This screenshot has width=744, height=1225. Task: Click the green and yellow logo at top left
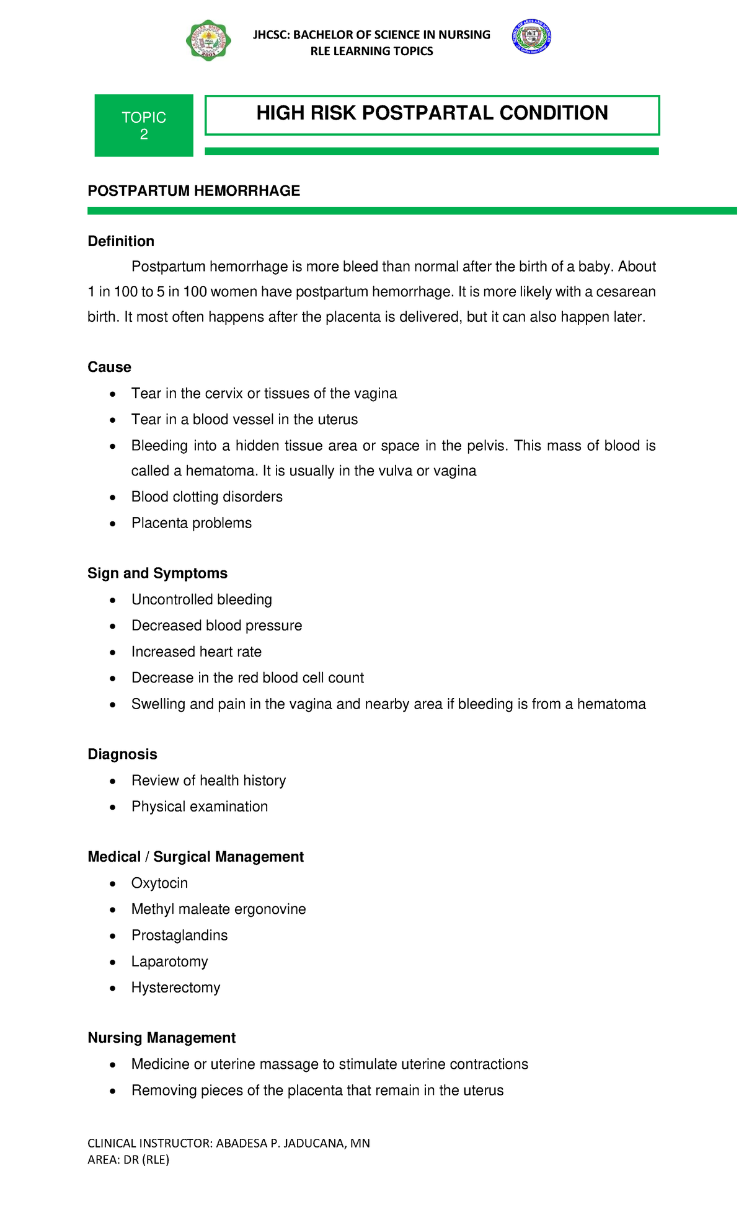click(x=208, y=40)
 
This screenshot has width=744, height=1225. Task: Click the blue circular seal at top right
click(x=531, y=37)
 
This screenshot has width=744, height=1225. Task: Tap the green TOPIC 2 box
click(x=144, y=125)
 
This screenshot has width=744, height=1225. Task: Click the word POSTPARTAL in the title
click(x=427, y=113)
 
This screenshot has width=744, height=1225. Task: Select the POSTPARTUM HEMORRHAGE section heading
click(x=193, y=191)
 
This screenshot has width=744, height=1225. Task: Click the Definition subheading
click(x=121, y=241)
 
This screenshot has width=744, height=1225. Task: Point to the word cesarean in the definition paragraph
click(x=626, y=291)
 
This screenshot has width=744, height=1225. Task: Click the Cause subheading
click(x=109, y=367)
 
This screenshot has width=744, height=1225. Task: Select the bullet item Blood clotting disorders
click(x=206, y=497)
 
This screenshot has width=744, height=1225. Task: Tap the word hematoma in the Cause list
click(x=220, y=471)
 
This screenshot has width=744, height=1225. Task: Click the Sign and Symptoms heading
click(x=157, y=573)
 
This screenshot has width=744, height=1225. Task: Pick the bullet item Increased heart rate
click(x=196, y=652)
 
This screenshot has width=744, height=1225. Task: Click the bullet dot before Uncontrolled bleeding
click(x=112, y=600)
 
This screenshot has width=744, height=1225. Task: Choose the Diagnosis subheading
click(x=122, y=754)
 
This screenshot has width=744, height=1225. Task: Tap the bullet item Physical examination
click(x=199, y=807)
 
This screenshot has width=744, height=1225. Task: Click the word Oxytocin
click(x=159, y=883)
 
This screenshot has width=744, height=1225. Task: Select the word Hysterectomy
click(x=175, y=987)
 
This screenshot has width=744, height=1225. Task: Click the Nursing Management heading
click(x=161, y=1038)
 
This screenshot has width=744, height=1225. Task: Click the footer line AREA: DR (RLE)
click(x=128, y=1159)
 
